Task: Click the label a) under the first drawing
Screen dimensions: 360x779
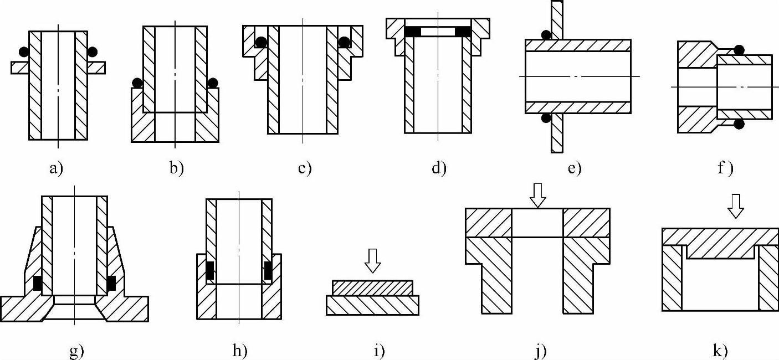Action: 57,169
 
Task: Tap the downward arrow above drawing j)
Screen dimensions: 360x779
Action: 536,195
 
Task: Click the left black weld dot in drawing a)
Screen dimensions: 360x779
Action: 23,52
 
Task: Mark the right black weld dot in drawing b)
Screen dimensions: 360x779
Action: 212,83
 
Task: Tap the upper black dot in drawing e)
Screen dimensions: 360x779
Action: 546,35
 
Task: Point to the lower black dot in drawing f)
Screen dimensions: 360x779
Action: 739,124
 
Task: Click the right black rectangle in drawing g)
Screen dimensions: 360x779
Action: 111,282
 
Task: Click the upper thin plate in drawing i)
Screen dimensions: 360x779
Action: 372,287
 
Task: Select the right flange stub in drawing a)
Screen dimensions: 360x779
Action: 96,67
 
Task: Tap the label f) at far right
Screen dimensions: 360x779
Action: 725,168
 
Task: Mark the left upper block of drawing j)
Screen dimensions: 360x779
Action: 488,223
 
